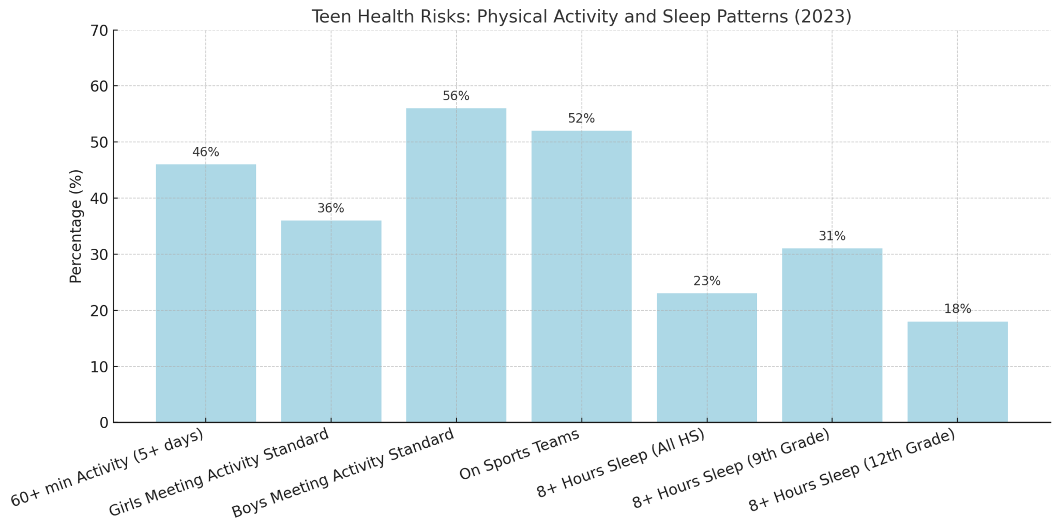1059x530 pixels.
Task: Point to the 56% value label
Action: coord(456,96)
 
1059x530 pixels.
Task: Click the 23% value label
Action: coord(707,281)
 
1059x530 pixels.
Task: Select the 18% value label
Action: coord(958,309)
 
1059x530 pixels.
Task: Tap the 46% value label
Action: coord(206,153)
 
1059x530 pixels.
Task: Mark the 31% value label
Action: coord(832,236)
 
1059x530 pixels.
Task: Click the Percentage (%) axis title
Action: coord(76,226)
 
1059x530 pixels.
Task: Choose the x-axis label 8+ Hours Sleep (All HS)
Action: coord(621,463)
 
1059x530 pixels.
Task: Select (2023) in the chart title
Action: coord(823,17)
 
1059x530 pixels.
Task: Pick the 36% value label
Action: coord(331,208)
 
